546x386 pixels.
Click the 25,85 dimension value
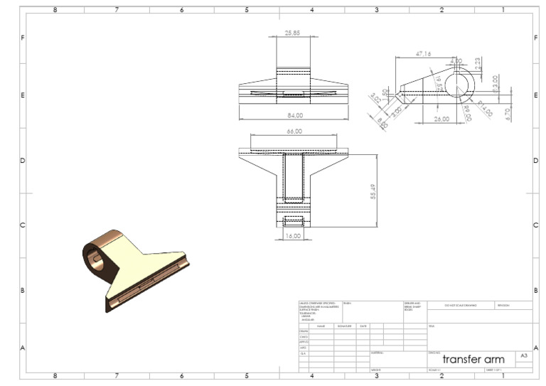pyautogui.click(x=292, y=33)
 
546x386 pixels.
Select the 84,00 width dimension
pyautogui.click(x=294, y=114)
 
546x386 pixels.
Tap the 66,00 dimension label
pyautogui.click(x=294, y=132)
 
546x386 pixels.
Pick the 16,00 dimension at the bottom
pyautogui.click(x=293, y=235)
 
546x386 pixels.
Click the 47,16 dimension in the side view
pyautogui.click(x=424, y=53)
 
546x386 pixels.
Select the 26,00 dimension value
pyautogui.click(x=441, y=119)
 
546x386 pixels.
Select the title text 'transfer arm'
pyautogui.click(x=473, y=359)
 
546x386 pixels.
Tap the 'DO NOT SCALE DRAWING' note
pyautogui.click(x=460, y=305)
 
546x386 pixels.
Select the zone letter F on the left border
pyautogui.click(x=23, y=37)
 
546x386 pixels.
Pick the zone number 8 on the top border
pyautogui.click(x=55, y=10)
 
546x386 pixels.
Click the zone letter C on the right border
pyautogui.click(x=535, y=225)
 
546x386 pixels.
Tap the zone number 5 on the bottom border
pyautogui.click(x=247, y=376)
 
